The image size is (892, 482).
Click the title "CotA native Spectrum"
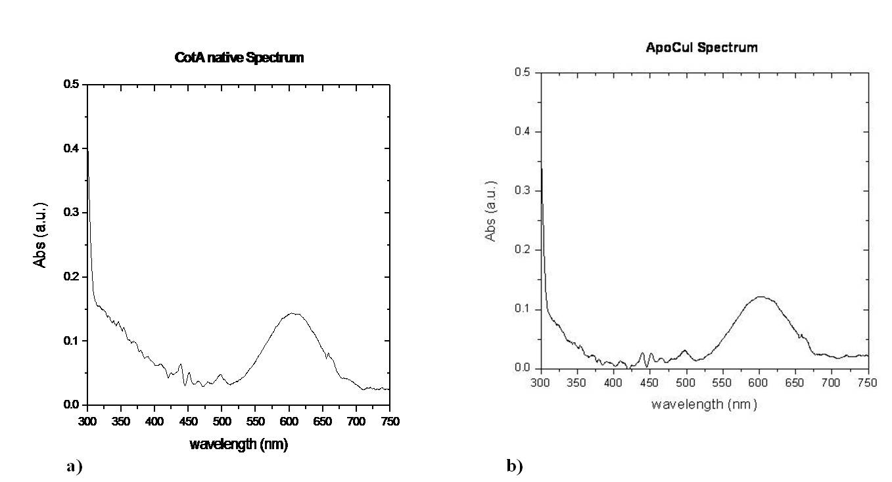239,58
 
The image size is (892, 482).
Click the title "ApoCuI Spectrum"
701,48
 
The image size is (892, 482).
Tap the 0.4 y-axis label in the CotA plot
71,148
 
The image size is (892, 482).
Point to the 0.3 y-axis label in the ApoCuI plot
523,190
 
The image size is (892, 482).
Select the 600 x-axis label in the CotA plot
289,422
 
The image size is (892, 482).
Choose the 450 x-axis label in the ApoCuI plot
649,383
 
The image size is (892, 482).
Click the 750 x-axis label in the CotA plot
390,422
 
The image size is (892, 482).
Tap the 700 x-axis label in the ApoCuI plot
831,383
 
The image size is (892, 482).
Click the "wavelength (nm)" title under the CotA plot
239,444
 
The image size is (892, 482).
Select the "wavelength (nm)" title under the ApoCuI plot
704,405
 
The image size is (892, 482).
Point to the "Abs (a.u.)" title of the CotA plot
40,235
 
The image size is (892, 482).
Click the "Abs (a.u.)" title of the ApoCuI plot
490,211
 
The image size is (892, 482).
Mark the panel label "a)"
74,466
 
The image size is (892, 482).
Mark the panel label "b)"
515,466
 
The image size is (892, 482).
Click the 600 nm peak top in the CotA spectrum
293,313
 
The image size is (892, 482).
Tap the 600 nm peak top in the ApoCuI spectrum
761,297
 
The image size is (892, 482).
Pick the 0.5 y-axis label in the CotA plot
71,84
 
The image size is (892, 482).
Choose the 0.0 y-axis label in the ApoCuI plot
523,368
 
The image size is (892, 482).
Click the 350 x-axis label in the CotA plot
121,422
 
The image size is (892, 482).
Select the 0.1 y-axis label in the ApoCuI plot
523,309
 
